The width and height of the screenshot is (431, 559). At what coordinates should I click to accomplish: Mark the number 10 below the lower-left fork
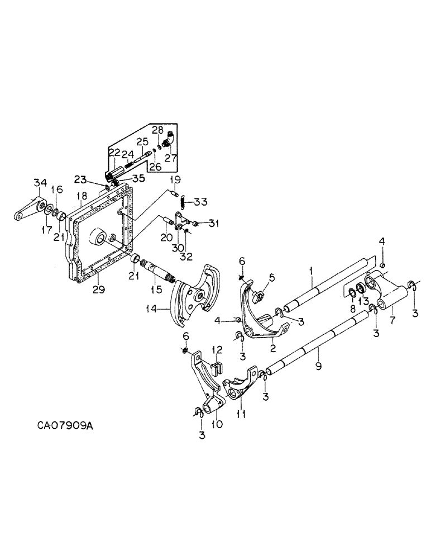[x=217, y=424]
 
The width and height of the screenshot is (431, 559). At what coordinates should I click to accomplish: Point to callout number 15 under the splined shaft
[x=157, y=290]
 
